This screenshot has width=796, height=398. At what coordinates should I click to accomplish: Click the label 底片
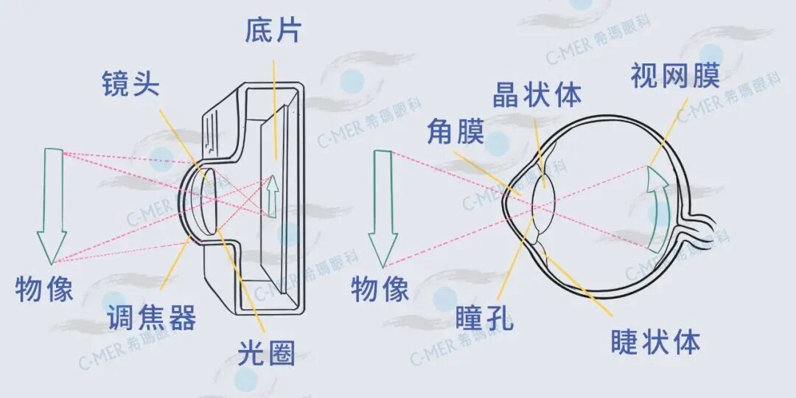tap(273, 32)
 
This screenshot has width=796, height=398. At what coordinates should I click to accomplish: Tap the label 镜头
tap(130, 84)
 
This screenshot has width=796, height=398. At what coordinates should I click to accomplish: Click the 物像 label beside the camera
tap(45, 288)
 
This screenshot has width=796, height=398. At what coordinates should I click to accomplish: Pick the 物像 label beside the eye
tap(380, 288)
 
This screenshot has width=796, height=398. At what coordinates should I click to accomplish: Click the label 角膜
tap(455, 133)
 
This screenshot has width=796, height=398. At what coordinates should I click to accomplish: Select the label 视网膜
tap(674, 76)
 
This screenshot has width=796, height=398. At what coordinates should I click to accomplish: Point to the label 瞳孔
tap(484, 318)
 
